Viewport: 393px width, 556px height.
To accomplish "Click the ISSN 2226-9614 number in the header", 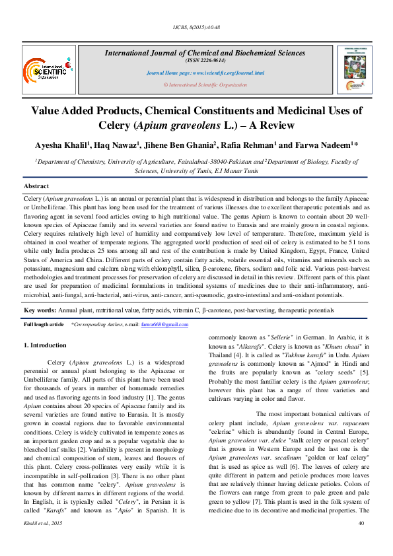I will pos(205,60).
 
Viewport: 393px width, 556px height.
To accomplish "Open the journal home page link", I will pos(205,73).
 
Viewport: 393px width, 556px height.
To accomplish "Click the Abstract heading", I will pos(37,187).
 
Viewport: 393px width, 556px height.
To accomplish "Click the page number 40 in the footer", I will pos(361,541).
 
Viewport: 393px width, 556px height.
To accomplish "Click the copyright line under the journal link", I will pos(205,85).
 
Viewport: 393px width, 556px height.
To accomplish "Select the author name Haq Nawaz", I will pos(114,145).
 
